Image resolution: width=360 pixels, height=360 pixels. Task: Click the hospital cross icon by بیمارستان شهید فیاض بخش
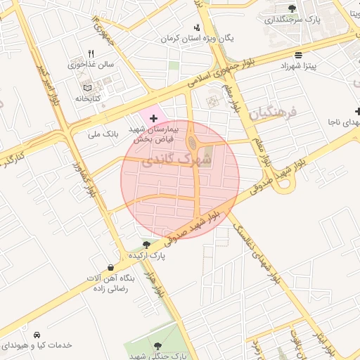click(154, 117)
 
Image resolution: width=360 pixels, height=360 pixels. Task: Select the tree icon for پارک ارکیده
click(146, 244)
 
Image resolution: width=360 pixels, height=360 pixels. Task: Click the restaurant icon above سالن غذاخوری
click(91, 53)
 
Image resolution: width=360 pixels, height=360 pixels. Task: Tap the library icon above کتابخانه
click(87, 88)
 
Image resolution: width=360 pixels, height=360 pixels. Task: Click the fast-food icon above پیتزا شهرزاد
click(299, 55)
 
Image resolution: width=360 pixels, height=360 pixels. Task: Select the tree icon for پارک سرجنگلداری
click(292, 8)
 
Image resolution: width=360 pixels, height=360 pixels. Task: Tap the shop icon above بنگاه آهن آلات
click(111, 267)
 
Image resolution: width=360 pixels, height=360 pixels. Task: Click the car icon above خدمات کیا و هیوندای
click(36, 335)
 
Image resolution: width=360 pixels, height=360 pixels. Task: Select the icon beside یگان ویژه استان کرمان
click(195, 27)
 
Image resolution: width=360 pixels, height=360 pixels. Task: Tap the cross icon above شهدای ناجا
click(358, 111)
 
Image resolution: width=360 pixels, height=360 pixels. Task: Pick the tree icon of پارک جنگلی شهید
click(157, 345)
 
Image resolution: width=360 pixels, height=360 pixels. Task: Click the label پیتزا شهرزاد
click(300, 65)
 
